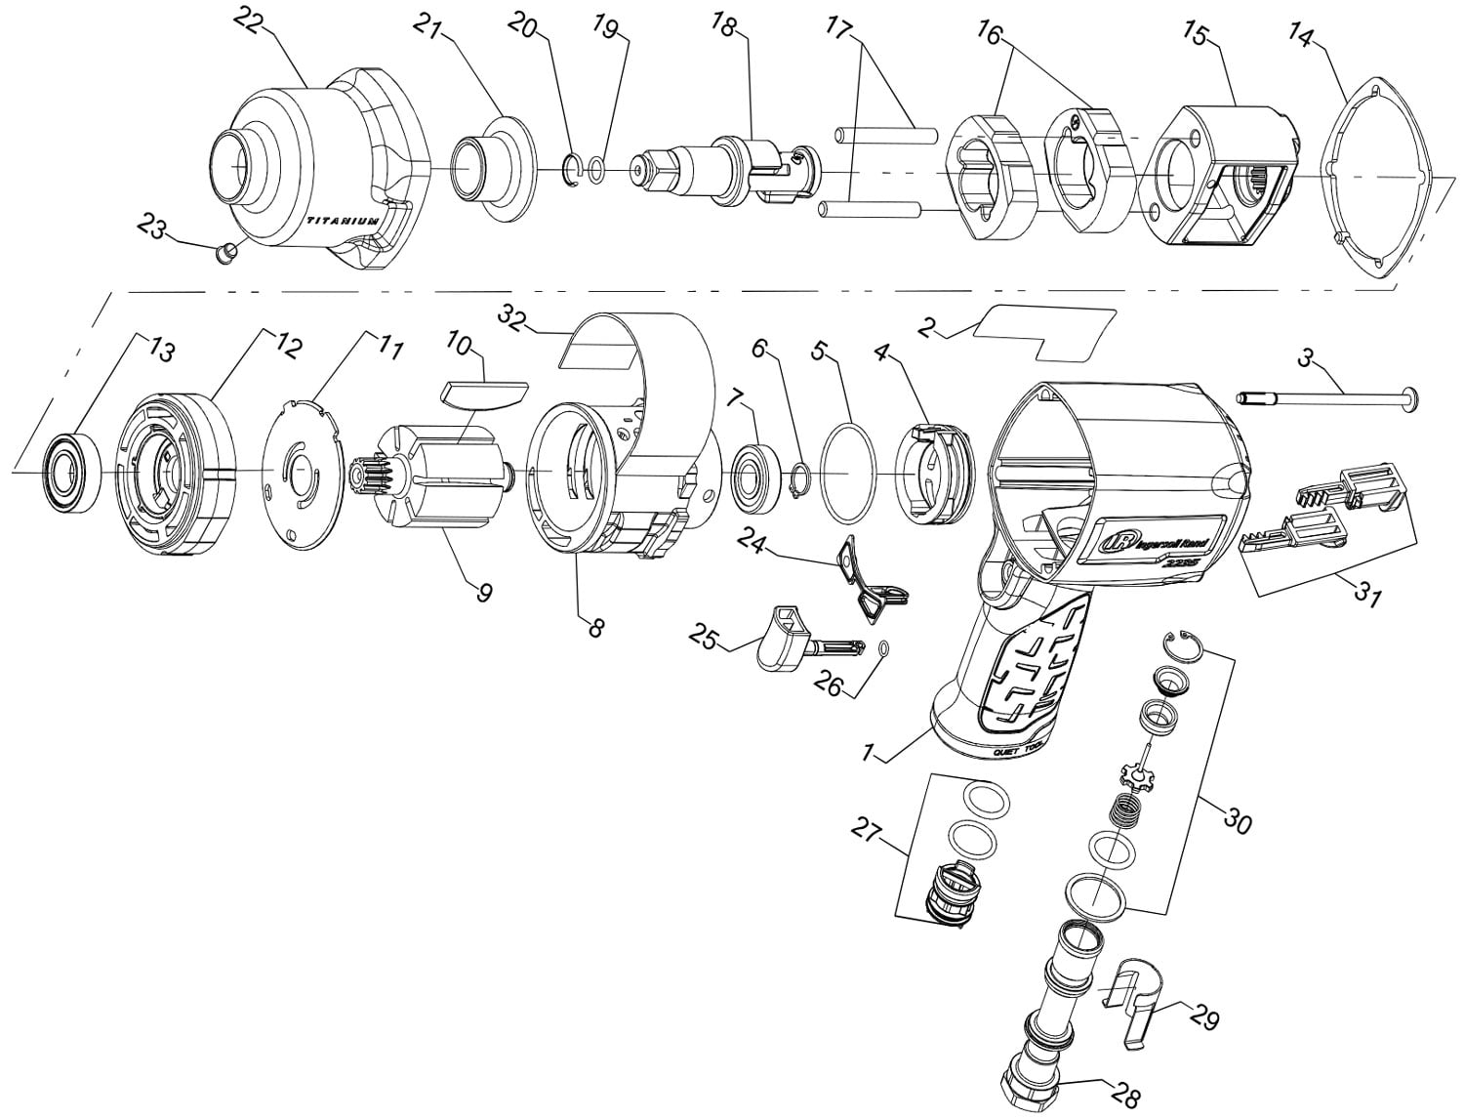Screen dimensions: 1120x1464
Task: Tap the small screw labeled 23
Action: tap(226, 255)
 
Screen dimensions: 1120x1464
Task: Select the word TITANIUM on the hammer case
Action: tap(343, 222)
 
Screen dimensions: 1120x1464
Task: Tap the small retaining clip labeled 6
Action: tap(798, 478)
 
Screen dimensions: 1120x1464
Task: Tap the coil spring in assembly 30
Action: tap(1130, 810)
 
